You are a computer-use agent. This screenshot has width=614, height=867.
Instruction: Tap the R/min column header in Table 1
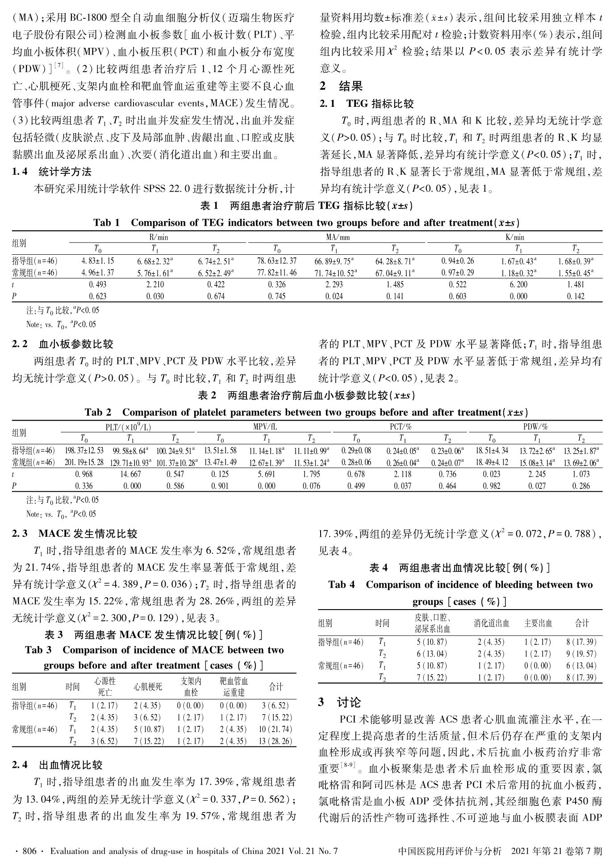pyautogui.click(x=159, y=237)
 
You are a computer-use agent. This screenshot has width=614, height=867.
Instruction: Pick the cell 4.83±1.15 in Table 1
pyautogui.click(x=98, y=261)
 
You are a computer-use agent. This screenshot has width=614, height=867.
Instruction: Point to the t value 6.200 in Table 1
pyautogui.click(x=518, y=284)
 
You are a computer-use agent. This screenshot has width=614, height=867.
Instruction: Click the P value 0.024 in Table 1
pyautogui.click(x=334, y=296)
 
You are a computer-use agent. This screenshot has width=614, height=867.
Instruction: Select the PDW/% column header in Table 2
pyautogui.click(x=535, y=427)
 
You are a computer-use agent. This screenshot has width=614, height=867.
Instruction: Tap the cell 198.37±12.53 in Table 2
pyautogui.click(x=84, y=450)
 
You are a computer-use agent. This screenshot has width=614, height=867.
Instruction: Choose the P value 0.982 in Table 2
pyautogui.click(x=492, y=485)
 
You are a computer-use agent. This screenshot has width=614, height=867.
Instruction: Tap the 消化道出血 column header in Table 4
pyautogui.click(x=491, y=623)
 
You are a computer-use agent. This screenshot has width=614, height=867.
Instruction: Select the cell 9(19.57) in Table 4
pyautogui.click(x=581, y=654)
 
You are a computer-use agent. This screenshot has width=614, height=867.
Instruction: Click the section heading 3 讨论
pyautogui.click(x=339, y=702)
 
